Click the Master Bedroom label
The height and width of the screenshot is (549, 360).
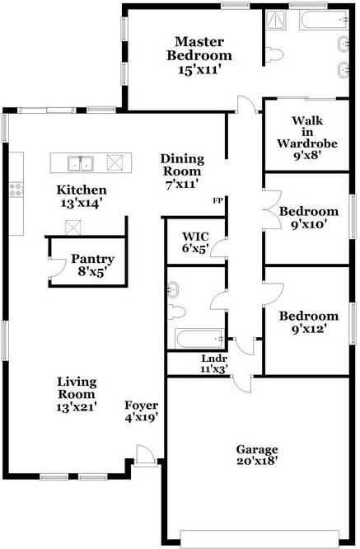point(199,55)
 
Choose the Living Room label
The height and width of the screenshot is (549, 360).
point(77,394)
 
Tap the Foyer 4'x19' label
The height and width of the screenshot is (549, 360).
point(141,411)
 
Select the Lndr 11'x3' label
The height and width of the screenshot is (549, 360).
point(214,364)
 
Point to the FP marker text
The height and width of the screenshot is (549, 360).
point(218,200)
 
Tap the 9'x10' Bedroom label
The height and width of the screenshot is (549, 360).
point(308,218)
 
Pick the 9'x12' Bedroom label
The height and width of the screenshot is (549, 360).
point(308,322)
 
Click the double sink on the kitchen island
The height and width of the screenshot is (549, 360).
point(80,162)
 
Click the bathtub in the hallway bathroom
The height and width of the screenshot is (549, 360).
point(197,338)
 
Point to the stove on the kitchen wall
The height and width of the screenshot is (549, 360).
point(16,190)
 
